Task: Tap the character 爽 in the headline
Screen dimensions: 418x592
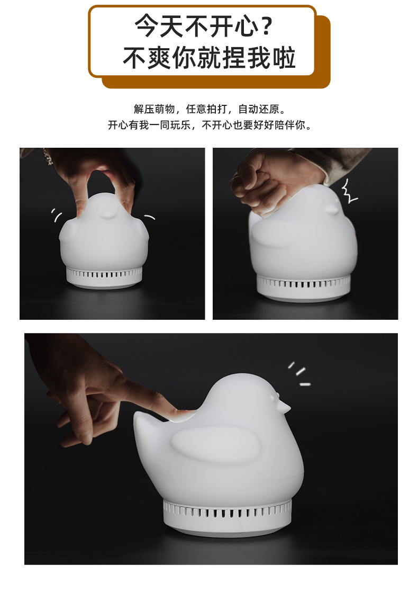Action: (159, 58)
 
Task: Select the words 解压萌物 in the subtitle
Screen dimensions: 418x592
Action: (154, 109)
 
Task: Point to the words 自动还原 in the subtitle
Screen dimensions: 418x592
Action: (259, 109)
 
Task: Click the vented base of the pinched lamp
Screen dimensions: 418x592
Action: (104, 277)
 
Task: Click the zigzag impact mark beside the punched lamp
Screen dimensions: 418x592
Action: (349, 191)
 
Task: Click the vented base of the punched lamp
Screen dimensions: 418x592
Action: (304, 288)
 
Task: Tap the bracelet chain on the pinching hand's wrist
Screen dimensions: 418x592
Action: (47, 157)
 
